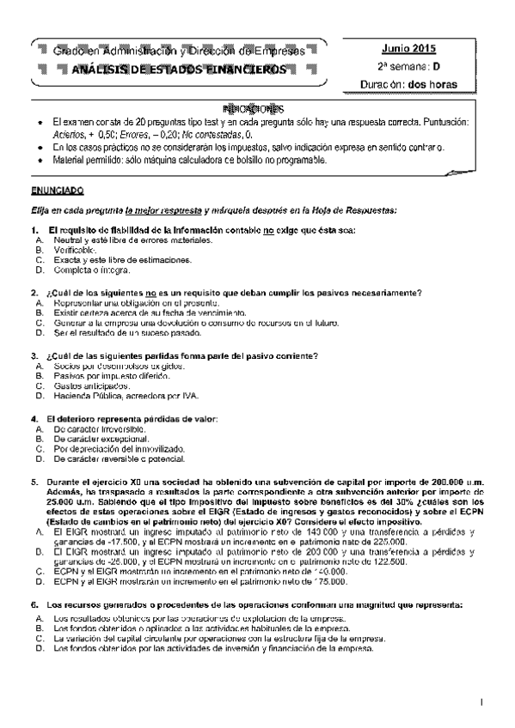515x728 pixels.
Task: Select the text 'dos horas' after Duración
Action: [x=433, y=84]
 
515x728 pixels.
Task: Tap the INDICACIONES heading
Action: [x=253, y=110]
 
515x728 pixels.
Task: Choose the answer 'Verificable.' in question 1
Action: [x=77, y=250]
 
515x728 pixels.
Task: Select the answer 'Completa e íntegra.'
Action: [x=90, y=269]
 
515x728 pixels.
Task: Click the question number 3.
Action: [x=34, y=355]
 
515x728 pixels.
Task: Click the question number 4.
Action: [x=34, y=418]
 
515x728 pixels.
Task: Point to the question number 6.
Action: [x=34, y=605]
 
